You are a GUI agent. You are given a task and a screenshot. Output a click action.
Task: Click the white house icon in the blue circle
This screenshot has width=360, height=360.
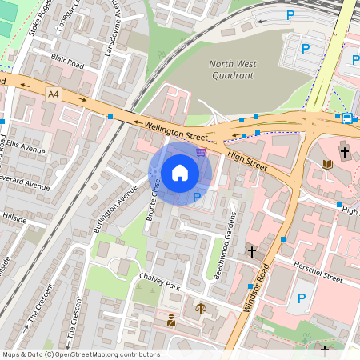180,173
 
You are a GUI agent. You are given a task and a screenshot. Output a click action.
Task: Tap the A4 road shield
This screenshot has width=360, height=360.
54,94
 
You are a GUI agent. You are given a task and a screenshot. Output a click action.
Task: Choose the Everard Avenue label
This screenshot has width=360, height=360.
24,183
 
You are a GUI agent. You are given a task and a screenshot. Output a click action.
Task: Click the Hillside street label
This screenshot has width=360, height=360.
14,217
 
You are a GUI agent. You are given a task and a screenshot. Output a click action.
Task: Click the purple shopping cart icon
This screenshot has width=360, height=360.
201,150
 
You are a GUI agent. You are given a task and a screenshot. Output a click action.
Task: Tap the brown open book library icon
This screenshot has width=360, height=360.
326,165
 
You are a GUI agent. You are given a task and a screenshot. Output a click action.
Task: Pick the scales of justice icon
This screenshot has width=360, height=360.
200,308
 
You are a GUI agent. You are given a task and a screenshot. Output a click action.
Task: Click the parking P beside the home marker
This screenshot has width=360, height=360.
196,198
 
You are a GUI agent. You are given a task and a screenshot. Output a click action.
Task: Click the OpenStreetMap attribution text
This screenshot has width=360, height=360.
81,354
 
